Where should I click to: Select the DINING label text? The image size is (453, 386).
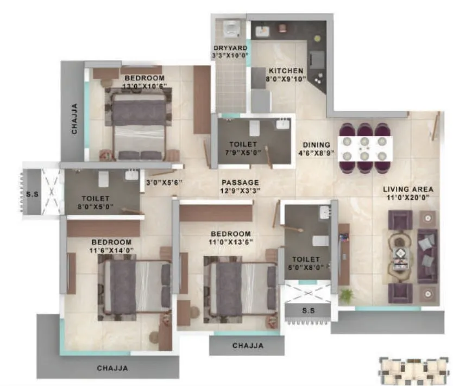317,145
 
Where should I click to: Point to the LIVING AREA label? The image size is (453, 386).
408,189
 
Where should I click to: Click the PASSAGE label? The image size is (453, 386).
240,182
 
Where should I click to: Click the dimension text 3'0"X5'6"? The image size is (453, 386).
163,182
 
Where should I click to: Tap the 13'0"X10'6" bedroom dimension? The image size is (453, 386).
144,86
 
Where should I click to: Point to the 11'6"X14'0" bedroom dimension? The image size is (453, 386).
111,250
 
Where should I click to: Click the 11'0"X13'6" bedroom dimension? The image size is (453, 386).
231,242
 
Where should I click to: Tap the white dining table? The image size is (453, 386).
365,148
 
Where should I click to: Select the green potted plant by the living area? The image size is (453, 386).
346,295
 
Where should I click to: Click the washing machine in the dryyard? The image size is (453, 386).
231,29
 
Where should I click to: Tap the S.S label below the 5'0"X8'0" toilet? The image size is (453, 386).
308,310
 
